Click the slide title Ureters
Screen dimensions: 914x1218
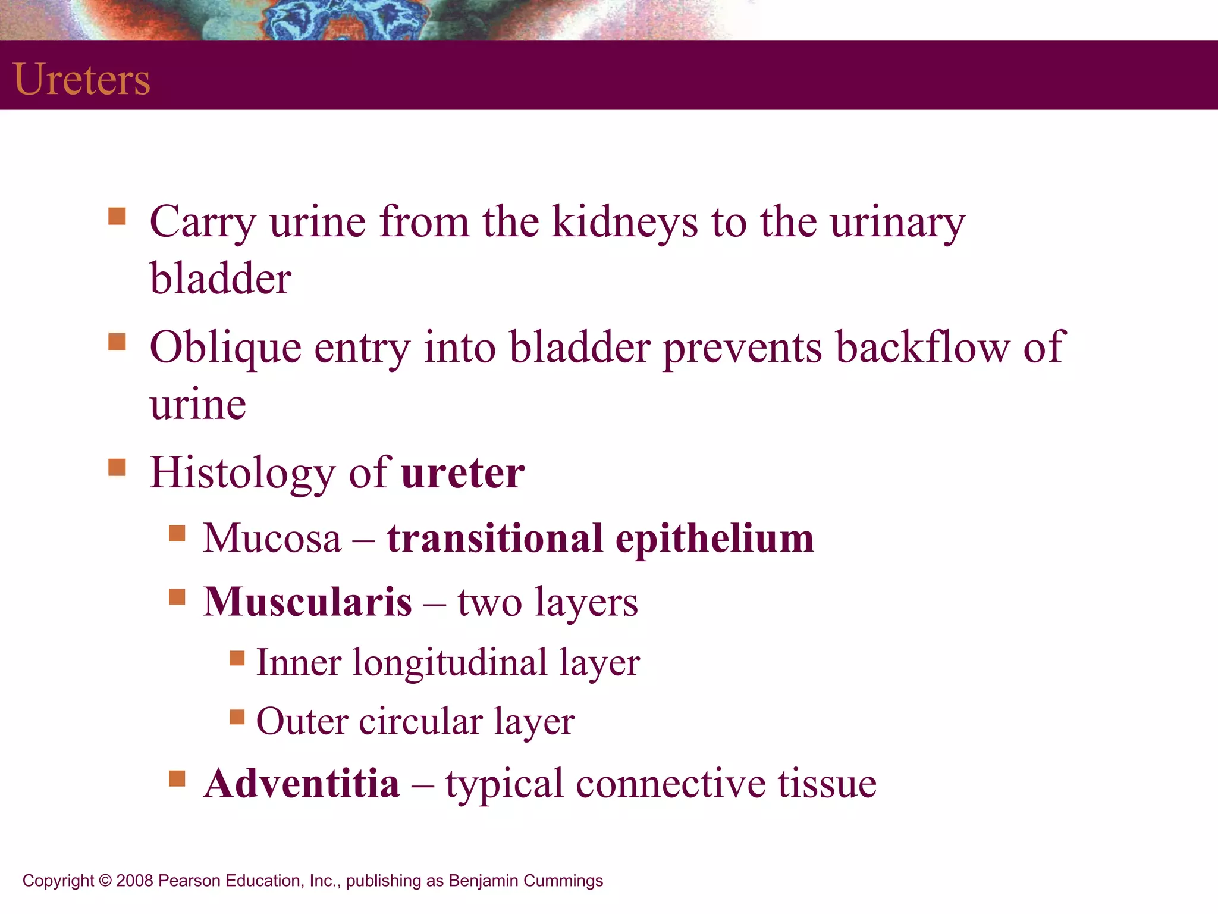pyautogui.click(x=81, y=79)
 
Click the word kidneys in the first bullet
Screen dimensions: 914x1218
pyautogui.click(x=625, y=222)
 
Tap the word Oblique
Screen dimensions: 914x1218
pyautogui.click(x=225, y=347)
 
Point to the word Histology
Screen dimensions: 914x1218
pyautogui.click(x=243, y=473)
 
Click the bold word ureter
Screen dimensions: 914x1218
pyautogui.click(x=463, y=473)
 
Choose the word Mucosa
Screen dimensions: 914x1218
pyautogui.click(x=272, y=539)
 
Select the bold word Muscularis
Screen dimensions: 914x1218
pyautogui.click(x=307, y=602)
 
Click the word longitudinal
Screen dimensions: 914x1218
pyautogui.click(x=450, y=662)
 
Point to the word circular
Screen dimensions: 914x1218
pyautogui.click(x=420, y=722)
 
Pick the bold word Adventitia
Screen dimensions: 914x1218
pyautogui.click(x=302, y=783)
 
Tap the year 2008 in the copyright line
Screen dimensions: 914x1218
pyautogui.click(x=135, y=881)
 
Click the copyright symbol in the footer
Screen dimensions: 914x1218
pyautogui.click(x=105, y=881)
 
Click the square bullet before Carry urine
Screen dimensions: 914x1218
pyautogui.click(x=117, y=216)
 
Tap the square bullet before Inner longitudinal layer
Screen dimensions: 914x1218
pyautogui.click(x=237, y=658)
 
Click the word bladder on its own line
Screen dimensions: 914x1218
pyautogui.click(x=221, y=278)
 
